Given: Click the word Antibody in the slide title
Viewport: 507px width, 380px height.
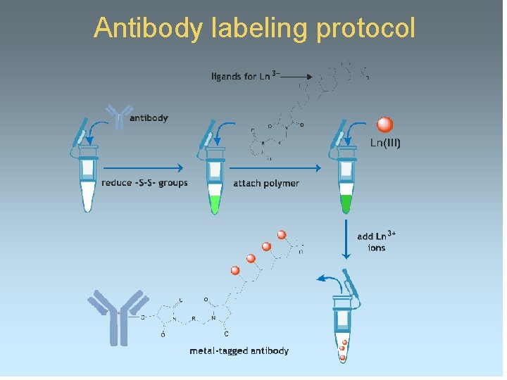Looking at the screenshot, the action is tap(149, 28).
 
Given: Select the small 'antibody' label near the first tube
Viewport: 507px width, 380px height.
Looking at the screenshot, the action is tap(149, 118).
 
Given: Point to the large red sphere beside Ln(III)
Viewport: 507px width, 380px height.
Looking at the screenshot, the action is tap(384, 125).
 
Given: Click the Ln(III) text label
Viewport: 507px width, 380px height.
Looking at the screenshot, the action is tap(385, 143).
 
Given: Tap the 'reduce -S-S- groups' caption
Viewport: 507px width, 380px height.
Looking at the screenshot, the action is tap(144, 183).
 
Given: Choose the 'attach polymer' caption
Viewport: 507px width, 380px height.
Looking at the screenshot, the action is tap(265, 184).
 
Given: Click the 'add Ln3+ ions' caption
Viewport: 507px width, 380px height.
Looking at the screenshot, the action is tap(376, 242).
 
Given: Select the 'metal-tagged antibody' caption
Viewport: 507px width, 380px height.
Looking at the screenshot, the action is tap(239, 350).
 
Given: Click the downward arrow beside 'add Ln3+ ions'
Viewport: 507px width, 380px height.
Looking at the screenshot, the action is tap(346, 240).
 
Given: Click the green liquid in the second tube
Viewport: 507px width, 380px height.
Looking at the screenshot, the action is tap(215, 203).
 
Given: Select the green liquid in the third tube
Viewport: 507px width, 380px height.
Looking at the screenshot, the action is tap(345, 203).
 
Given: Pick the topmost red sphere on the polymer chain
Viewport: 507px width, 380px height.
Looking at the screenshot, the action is tap(282, 234).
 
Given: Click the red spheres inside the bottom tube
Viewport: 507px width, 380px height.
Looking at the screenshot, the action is tap(342, 349).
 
